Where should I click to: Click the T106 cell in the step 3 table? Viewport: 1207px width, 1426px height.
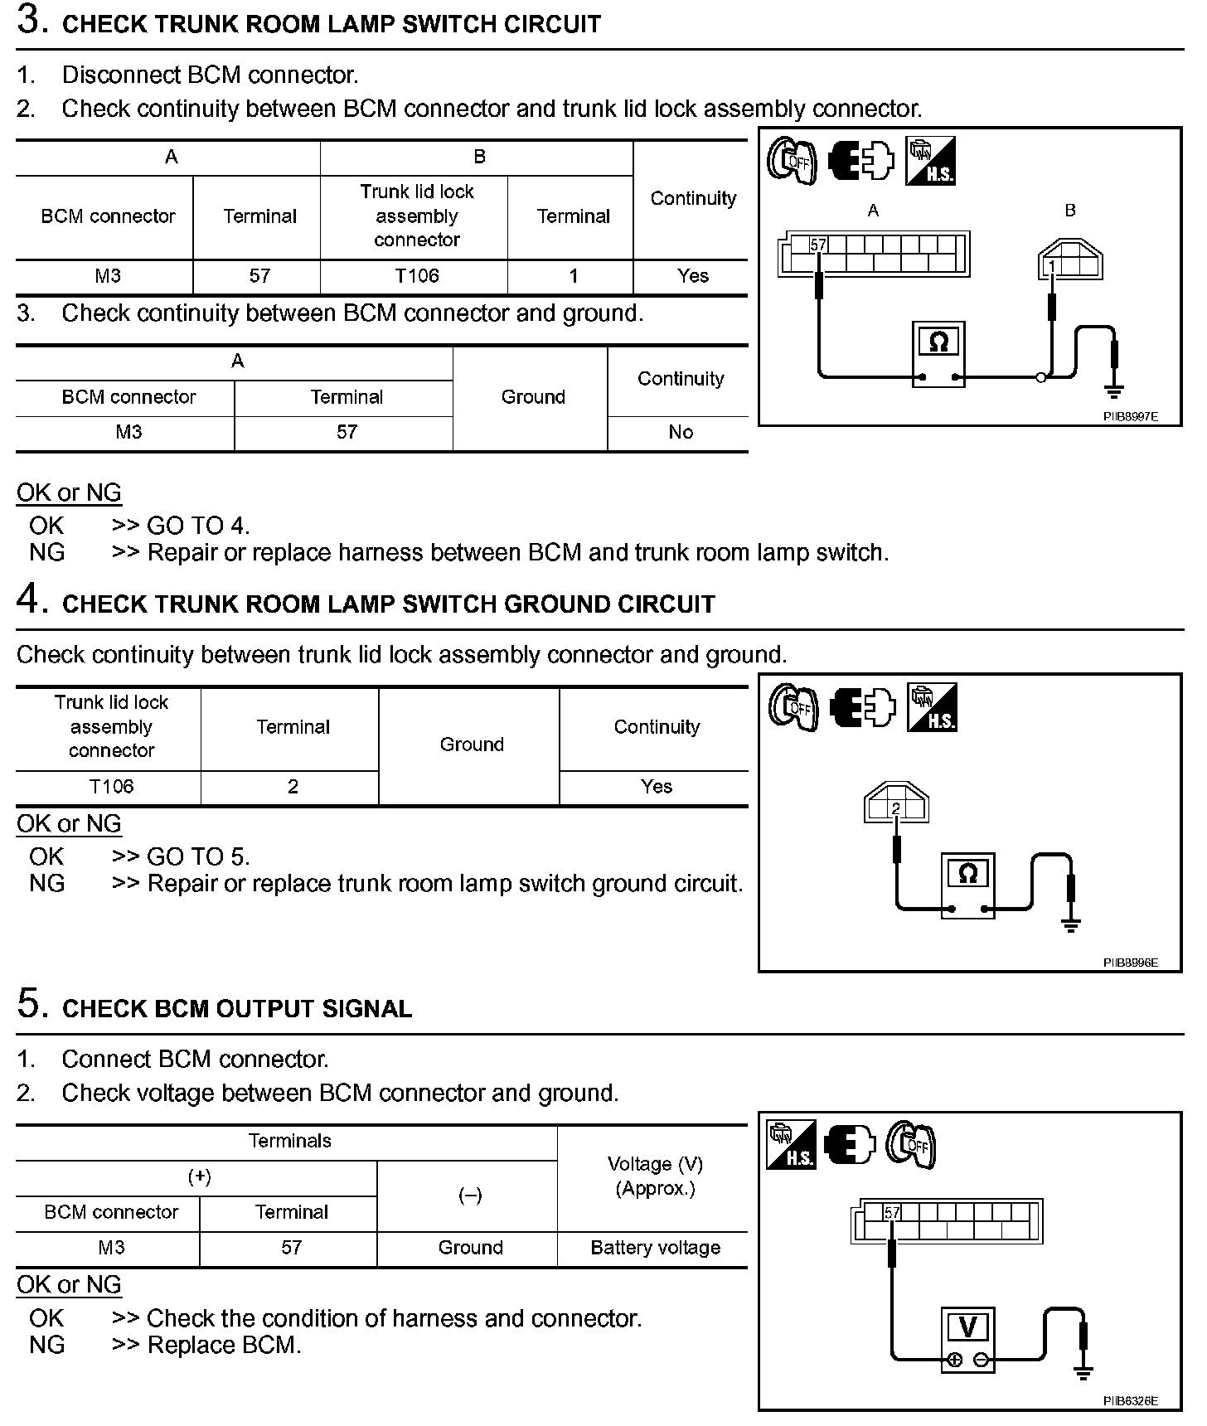pos(416,276)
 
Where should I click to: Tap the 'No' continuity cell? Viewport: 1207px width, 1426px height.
pos(680,432)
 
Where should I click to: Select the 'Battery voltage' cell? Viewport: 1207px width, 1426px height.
pos(655,1248)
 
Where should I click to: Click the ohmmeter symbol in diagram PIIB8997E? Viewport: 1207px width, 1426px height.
pos(938,342)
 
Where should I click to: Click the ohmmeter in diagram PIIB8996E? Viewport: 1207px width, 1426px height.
pos(967,874)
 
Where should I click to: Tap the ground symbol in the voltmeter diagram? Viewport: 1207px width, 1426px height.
pos(1083,1372)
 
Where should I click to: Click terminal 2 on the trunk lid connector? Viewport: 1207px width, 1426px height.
pos(895,808)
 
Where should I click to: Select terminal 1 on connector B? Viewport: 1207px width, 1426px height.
pos(1052,266)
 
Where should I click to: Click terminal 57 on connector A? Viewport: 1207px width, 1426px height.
pos(818,245)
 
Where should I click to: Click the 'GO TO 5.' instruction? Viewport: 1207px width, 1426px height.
pos(198,856)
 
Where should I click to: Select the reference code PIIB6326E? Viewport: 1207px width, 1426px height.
pos(1130,1401)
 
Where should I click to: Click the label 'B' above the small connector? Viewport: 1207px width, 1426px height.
pos(1070,211)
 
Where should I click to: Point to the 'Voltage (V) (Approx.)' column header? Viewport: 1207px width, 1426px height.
pos(655,1176)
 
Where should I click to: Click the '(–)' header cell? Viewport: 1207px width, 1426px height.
pos(469,1195)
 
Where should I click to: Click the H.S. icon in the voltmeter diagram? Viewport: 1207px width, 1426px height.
pos(791,1145)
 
